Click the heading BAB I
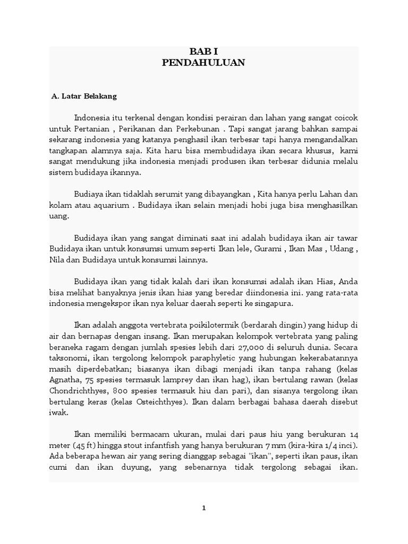203,52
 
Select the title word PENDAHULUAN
203,63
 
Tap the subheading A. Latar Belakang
83,97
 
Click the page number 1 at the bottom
203,508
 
